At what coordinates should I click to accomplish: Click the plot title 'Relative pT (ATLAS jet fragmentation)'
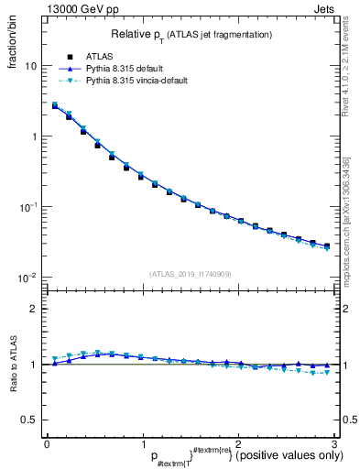coord(191,34)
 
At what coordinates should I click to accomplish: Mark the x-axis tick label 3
coord(334,443)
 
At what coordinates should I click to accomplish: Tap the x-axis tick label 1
coord(143,443)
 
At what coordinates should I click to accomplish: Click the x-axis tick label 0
coord(47,443)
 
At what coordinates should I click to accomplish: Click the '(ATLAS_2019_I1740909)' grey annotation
coord(191,274)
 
